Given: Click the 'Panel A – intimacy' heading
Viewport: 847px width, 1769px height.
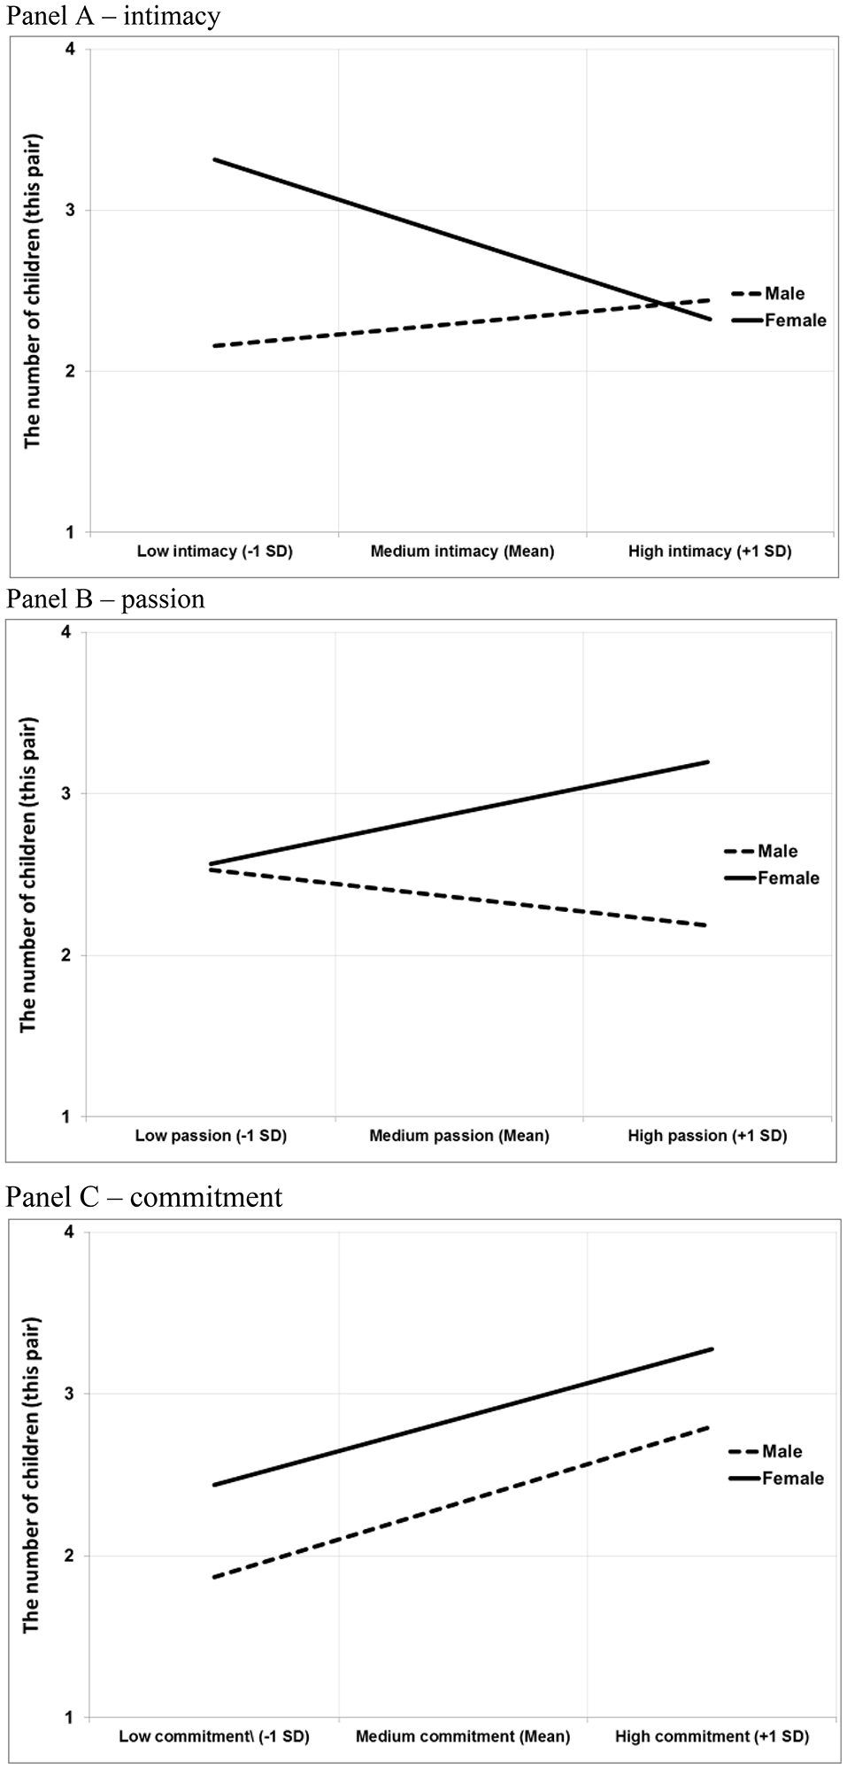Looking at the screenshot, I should click(x=113, y=16).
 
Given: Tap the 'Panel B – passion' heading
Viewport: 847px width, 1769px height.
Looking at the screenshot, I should click(x=105, y=599).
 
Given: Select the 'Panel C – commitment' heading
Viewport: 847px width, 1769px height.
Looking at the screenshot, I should click(x=144, y=1197).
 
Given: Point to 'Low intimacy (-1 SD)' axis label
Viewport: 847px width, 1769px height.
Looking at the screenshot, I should click(x=214, y=552).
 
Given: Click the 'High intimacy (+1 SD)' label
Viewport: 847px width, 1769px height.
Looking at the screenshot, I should click(x=710, y=552).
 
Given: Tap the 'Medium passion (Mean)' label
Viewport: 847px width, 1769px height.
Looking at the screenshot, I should click(x=459, y=1136).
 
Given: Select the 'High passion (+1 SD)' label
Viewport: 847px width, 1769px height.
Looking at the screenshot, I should click(x=707, y=1136).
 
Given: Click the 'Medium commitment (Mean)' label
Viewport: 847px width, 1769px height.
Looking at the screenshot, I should click(x=463, y=1736).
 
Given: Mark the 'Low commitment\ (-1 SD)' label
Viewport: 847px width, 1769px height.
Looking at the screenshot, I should click(x=214, y=1736).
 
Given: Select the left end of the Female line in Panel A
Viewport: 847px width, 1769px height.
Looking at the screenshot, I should click(x=214, y=159).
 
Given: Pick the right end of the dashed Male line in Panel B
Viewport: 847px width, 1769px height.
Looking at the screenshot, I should click(x=707, y=925).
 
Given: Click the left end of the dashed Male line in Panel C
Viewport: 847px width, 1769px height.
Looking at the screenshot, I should click(x=214, y=1578).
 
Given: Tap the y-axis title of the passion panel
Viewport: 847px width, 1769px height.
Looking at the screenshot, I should click(x=28, y=873).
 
